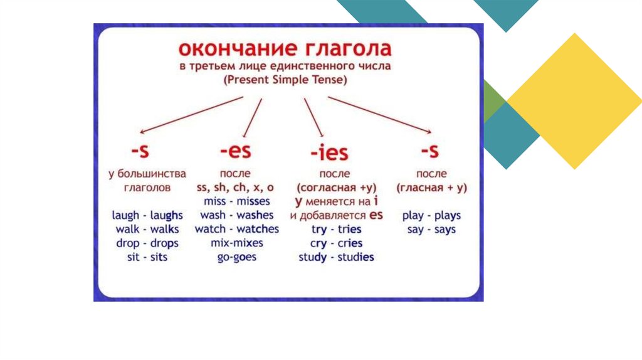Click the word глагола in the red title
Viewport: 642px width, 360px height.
tap(349, 49)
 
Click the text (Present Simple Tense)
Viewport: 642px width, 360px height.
tap(285, 80)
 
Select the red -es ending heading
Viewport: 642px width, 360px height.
tap(236, 151)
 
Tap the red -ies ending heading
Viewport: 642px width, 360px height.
tap(329, 152)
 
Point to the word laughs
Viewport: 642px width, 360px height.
tap(166, 215)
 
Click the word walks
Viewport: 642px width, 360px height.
tap(165, 229)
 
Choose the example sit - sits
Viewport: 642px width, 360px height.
tap(147, 257)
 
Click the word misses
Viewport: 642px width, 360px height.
tap(253, 201)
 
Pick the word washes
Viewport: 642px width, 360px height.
tap(255, 215)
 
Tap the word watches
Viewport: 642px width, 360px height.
tap(258, 229)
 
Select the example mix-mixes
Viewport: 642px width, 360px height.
tap(236, 243)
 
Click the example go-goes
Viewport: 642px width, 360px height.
tap(236, 257)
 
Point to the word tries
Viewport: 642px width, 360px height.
tap(349, 229)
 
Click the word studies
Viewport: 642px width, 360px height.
tap(355, 257)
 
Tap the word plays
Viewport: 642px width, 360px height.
tap(448, 215)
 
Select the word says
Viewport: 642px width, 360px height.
tap(445, 230)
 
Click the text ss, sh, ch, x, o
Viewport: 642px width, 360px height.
tap(235, 187)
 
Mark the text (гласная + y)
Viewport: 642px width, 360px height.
tap(431, 188)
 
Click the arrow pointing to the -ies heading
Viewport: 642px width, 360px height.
tap(313, 117)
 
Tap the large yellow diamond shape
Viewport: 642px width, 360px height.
tap(574, 101)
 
